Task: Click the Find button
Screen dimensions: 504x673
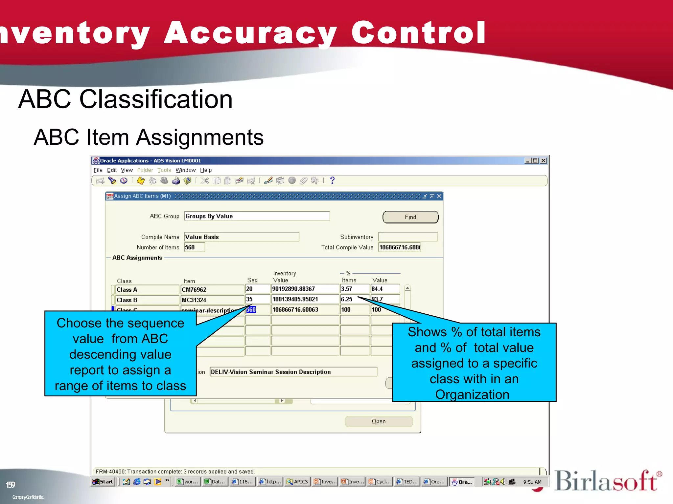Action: pyautogui.click(x=410, y=217)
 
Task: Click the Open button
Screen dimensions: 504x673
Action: pyautogui.click(x=379, y=421)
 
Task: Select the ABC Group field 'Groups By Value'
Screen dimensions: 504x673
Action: pyautogui.click(x=257, y=216)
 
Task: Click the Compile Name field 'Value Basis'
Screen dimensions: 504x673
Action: pyautogui.click(x=242, y=237)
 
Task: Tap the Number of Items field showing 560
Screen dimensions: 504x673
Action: pyautogui.click(x=194, y=247)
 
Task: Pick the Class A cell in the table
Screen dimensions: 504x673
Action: pyautogui.click(x=147, y=290)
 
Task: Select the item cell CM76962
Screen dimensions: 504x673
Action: pyautogui.click(x=212, y=290)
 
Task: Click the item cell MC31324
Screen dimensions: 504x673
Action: pyautogui.click(x=212, y=300)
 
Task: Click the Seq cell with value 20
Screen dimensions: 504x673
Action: pyautogui.click(x=258, y=289)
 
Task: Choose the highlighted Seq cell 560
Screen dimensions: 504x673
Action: pyautogui.click(x=251, y=309)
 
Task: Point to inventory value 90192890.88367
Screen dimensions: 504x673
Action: pyautogui.click(x=305, y=289)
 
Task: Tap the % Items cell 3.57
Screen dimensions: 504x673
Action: pyautogui.click(x=354, y=289)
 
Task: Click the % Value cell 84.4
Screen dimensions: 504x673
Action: pyautogui.click(x=385, y=289)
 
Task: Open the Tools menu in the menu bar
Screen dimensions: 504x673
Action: pyautogui.click(x=164, y=170)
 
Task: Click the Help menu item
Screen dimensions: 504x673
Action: pyautogui.click(x=206, y=170)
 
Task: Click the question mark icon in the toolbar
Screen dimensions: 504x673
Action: pyautogui.click(x=332, y=180)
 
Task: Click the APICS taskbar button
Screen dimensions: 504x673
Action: pyautogui.click(x=298, y=482)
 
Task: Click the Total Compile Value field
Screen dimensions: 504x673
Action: pyautogui.click(x=399, y=247)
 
